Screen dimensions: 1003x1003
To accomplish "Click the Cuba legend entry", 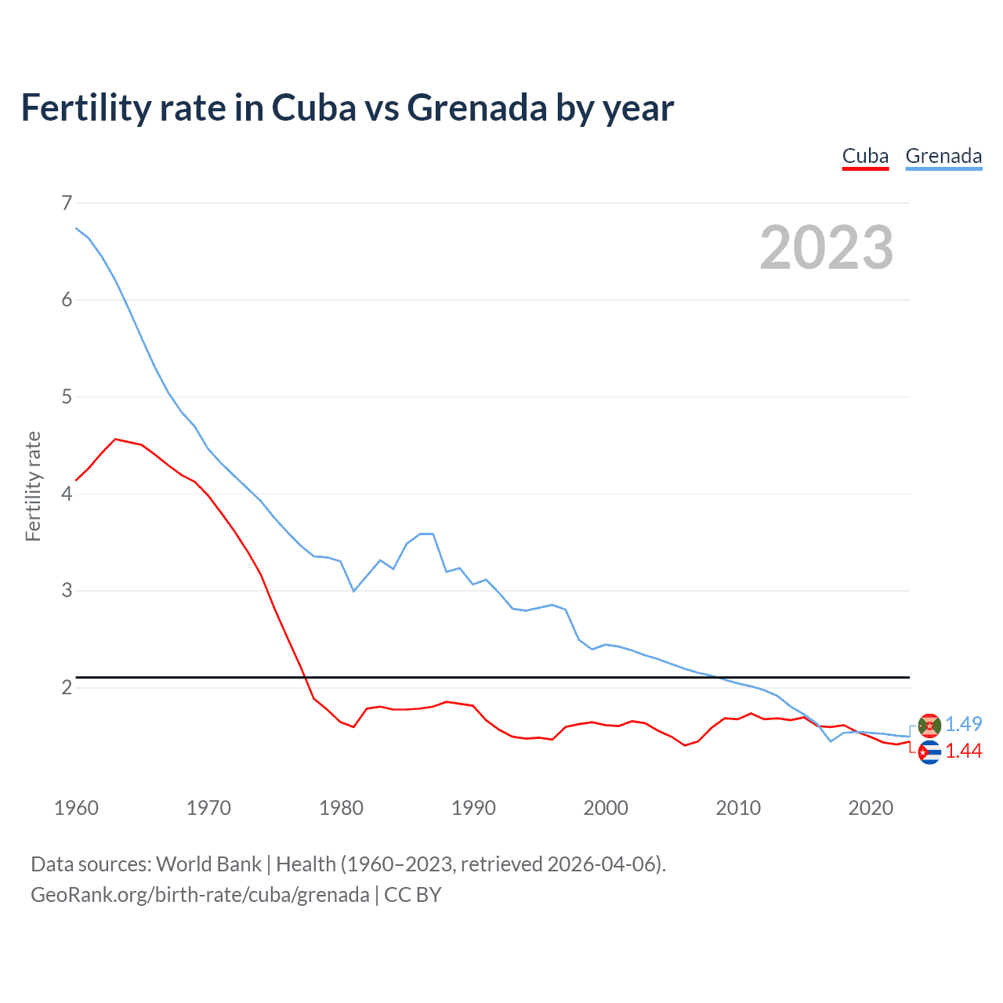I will pyautogui.click(x=865, y=156).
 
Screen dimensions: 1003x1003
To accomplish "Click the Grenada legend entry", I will pyautogui.click(x=943, y=156).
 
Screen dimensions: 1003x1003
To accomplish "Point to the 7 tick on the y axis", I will pyautogui.click(x=67, y=203).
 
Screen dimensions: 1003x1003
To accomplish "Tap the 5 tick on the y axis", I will pyautogui.click(x=67, y=396).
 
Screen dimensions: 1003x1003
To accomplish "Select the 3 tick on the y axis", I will pyautogui.click(x=67, y=590).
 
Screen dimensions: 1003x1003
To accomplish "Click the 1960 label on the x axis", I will pyautogui.click(x=76, y=808).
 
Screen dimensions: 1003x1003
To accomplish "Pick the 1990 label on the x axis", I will pyautogui.click(x=473, y=808).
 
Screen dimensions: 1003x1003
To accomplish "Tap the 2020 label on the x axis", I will pyautogui.click(x=871, y=808).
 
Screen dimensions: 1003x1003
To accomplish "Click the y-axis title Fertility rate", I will pyautogui.click(x=33, y=486).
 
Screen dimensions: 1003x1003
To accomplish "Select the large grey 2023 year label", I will pyautogui.click(x=827, y=248).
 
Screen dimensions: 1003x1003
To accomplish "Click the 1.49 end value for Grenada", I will pyautogui.click(x=963, y=724).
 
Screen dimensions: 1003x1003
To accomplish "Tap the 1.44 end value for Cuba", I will pyautogui.click(x=963, y=751).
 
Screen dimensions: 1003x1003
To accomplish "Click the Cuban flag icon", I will pyautogui.click(x=929, y=752).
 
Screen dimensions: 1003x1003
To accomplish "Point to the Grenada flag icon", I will pyautogui.click(x=929, y=726).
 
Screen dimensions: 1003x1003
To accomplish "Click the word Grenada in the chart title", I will pyautogui.click(x=476, y=108).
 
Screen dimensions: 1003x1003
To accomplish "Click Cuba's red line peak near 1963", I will pyautogui.click(x=115, y=440).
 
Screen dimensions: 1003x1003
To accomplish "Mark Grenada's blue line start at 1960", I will pyautogui.click(x=76, y=228).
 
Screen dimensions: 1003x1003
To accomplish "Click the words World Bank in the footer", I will pyautogui.click(x=208, y=864).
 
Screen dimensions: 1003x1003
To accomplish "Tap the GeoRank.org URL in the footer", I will pyautogui.click(x=200, y=895).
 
